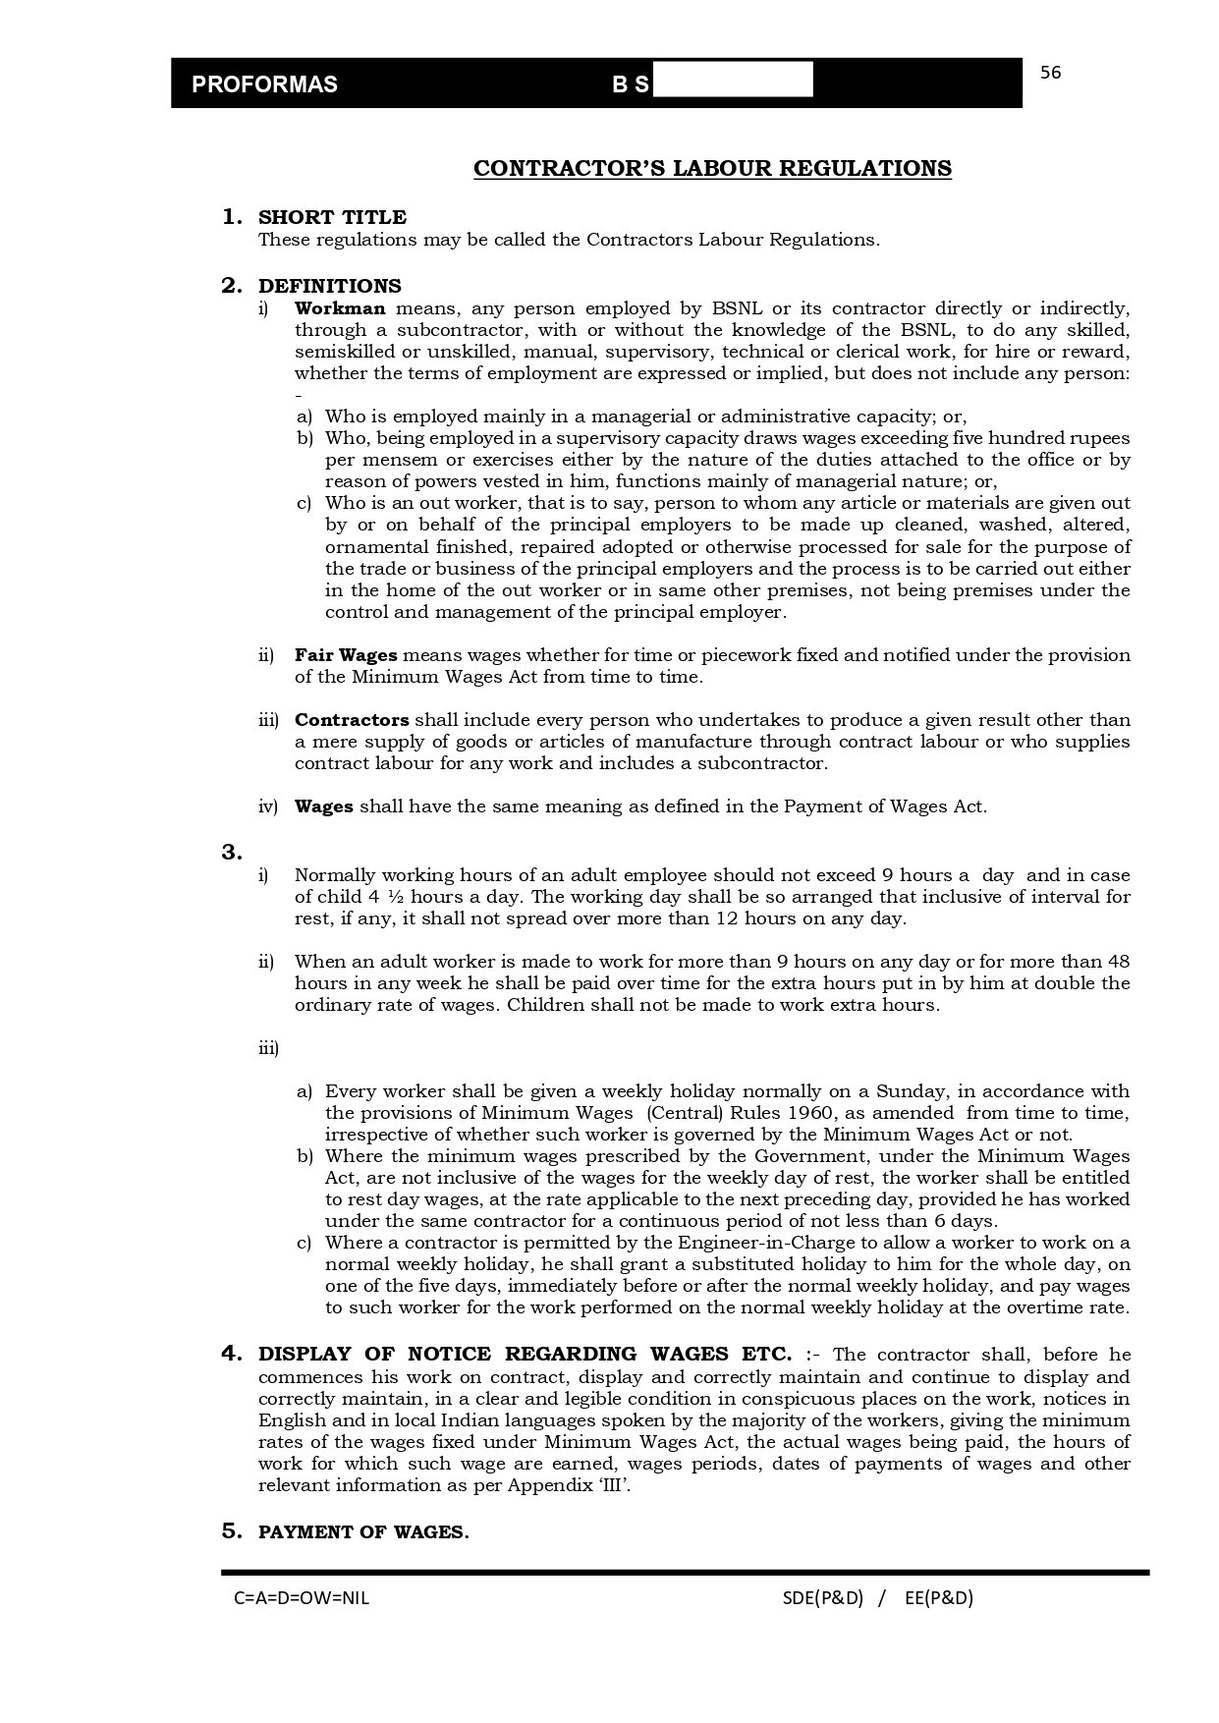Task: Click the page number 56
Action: click(x=1050, y=73)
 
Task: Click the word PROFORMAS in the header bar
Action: click(x=264, y=84)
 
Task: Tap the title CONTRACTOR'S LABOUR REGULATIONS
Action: click(x=712, y=169)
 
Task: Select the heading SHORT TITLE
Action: click(x=332, y=217)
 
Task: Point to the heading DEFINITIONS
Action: click(x=329, y=286)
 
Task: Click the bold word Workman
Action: click(x=340, y=308)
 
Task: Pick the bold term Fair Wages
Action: click(x=346, y=655)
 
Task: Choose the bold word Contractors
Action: click(x=352, y=720)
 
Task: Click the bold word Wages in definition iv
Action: click(x=323, y=806)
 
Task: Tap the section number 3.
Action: click(x=232, y=853)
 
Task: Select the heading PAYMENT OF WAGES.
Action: click(x=363, y=1532)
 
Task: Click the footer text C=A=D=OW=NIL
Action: click(x=302, y=1598)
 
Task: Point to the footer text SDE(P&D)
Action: click(x=822, y=1598)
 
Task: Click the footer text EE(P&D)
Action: click(x=938, y=1598)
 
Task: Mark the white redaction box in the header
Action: click(x=733, y=80)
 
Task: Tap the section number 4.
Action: click(x=232, y=1354)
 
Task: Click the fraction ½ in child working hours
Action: click(x=391, y=897)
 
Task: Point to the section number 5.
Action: click(x=232, y=1530)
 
